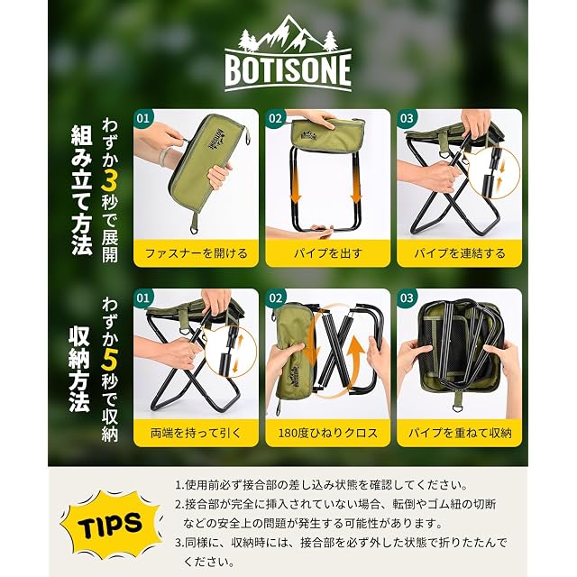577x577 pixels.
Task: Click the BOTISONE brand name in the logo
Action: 288,70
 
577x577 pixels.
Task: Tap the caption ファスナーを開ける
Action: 197,253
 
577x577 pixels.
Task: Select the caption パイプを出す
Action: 328,253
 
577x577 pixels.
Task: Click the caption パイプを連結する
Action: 460,253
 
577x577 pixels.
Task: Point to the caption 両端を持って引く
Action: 196,433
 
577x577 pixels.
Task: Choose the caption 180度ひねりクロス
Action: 328,433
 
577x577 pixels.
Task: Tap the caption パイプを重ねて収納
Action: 460,433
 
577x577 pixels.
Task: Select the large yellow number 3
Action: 110,179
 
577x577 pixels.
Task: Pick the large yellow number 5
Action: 110,360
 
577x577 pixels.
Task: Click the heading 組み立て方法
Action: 81,189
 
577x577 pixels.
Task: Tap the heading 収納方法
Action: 80,369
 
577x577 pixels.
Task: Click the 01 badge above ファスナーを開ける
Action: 143,118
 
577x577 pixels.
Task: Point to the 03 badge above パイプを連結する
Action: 407,118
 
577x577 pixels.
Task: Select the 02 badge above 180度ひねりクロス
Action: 275,298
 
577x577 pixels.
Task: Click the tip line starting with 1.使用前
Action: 321,485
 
